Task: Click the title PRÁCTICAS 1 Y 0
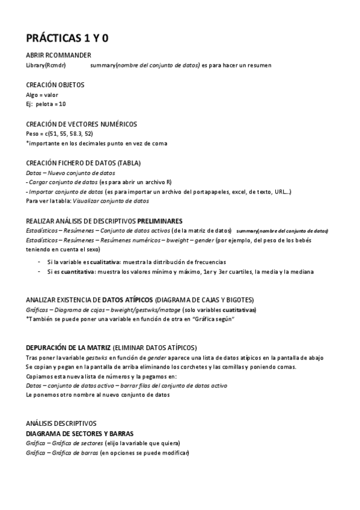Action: point(67,38)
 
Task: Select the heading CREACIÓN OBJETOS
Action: point(55,85)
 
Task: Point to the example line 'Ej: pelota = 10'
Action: point(46,104)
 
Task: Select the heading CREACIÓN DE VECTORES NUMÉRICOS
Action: point(81,124)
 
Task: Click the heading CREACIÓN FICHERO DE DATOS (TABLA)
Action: point(84,163)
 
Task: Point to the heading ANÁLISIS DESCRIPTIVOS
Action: point(61,423)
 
